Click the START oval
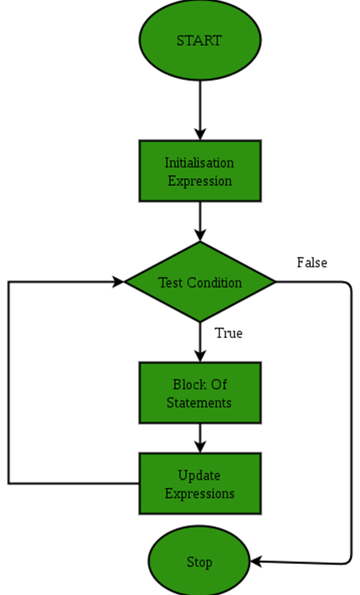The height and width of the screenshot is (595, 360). point(199,40)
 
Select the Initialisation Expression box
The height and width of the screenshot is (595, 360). point(200,171)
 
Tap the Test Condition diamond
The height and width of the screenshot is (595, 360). point(200,282)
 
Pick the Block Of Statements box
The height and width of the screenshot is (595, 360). point(200,392)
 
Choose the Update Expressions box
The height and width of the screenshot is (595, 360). point(200,484)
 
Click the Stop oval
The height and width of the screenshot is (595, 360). point(199,562)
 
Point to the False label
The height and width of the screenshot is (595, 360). point(312,263)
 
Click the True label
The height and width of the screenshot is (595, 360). point(228,334)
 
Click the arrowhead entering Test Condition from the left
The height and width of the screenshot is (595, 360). point(118,282)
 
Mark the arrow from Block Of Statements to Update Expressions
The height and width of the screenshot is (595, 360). point(200,438)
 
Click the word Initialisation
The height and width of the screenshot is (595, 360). point(199,162)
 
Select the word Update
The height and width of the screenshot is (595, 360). point(199,476)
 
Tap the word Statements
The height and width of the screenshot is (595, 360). point(199,403)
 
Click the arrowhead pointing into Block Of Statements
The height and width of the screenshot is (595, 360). point(200,356)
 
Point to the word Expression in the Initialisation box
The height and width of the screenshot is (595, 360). point(199,181)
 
